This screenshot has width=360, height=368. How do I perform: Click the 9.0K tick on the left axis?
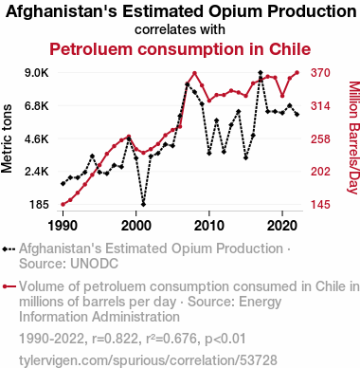37,73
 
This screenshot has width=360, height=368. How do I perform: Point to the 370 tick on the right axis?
320,73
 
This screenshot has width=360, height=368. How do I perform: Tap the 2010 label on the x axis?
209,226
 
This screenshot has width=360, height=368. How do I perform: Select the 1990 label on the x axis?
63,226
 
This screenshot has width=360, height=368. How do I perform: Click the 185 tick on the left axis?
40,205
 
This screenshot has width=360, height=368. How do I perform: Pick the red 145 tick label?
320,205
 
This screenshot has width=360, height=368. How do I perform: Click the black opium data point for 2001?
143,204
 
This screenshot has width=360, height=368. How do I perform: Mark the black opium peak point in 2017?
261,73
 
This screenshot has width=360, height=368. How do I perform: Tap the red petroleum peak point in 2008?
194,73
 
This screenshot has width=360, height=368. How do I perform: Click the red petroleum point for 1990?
63,204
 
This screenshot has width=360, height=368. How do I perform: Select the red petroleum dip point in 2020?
282,96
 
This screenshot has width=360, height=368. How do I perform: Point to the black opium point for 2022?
297,115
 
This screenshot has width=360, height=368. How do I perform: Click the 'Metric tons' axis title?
7,138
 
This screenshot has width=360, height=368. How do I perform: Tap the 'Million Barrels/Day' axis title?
353,138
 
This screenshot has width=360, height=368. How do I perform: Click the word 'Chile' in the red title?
290,49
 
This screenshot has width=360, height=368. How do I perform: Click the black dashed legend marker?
9,249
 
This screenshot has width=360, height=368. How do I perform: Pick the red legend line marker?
9,286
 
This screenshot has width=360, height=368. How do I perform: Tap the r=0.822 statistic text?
116,339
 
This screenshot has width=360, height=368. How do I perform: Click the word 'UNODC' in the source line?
95,264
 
